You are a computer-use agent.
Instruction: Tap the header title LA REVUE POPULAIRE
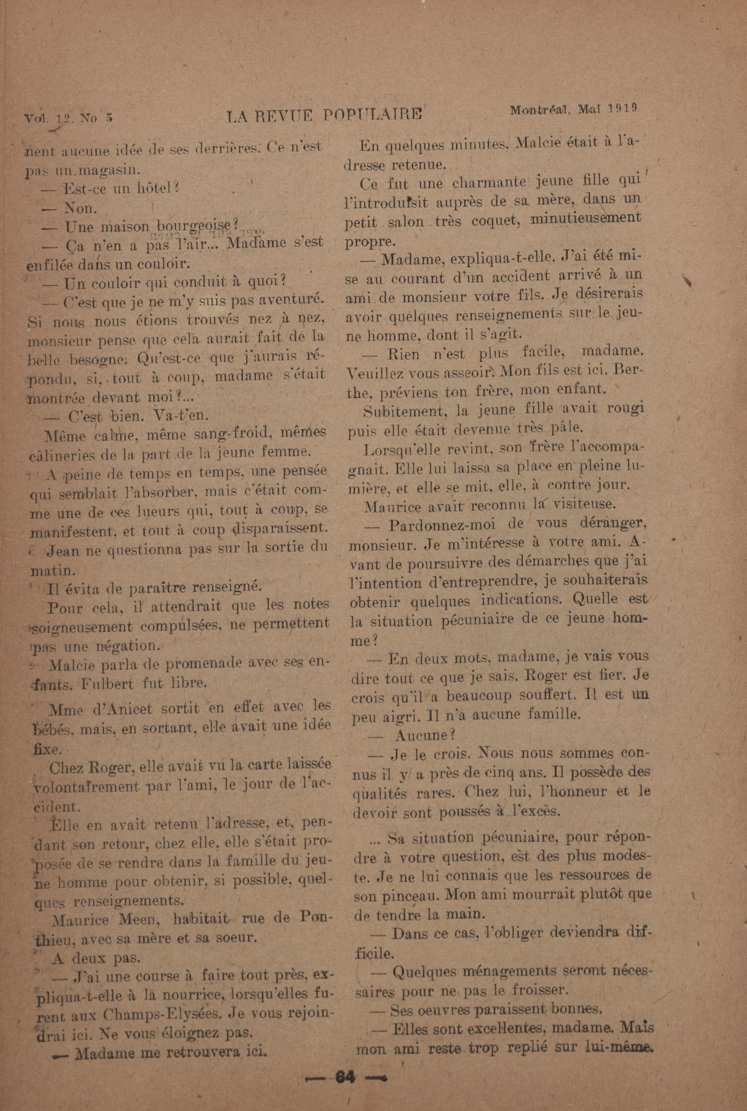coord(325,116)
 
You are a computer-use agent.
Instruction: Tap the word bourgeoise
coord(194,226)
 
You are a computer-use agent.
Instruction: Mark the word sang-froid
coord(226,434)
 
